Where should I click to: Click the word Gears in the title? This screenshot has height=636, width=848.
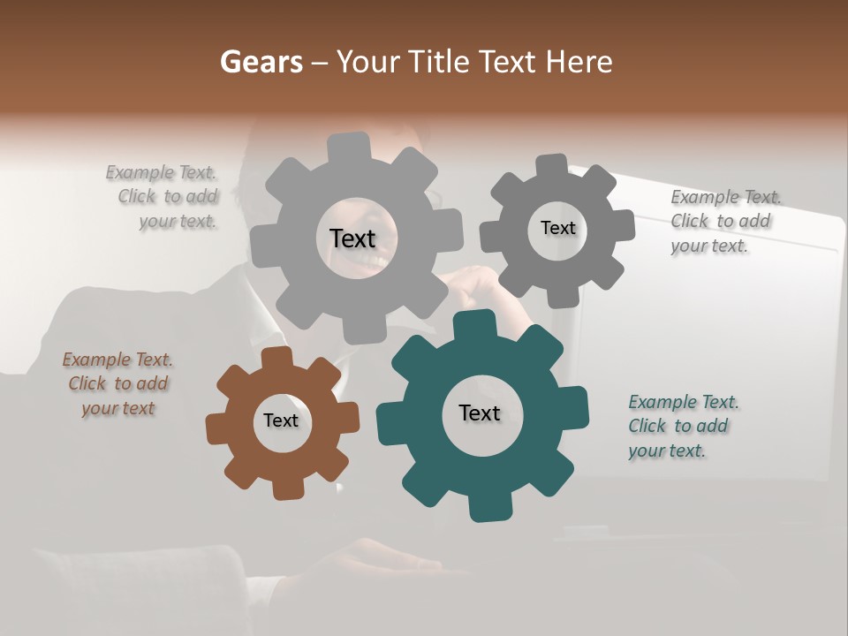click(x=261, y=62)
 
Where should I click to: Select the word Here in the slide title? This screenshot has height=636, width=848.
click(x=579, y=62)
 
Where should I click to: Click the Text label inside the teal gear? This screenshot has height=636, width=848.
click(x=480, y=413)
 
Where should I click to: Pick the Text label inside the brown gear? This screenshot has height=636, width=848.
click(x=281, y=420)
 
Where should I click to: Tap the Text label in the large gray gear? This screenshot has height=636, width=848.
click(x=352, y=238)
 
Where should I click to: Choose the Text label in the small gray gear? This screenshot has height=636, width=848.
click(x=557, y=228)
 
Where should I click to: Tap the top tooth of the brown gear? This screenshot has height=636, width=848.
click(x=277, y=356)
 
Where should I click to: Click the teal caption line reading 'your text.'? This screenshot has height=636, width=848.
click(x=667, y=450)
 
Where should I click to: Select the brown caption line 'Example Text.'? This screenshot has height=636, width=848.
click(x=117, y=360)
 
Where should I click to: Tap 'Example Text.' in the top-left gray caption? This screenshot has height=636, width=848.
click(x=161, y=172)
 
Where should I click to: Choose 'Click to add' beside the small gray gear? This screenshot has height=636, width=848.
click(x=720, y=221)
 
